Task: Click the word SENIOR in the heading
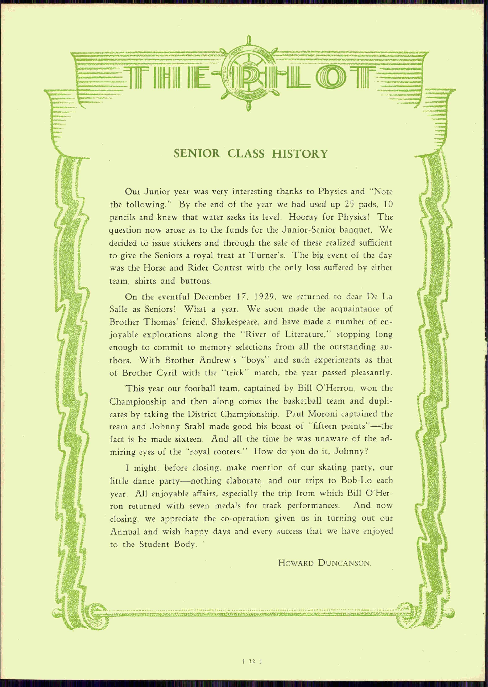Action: coord(197,154)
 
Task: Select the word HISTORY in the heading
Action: coord(300,154)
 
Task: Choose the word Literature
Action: coord(305,334)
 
